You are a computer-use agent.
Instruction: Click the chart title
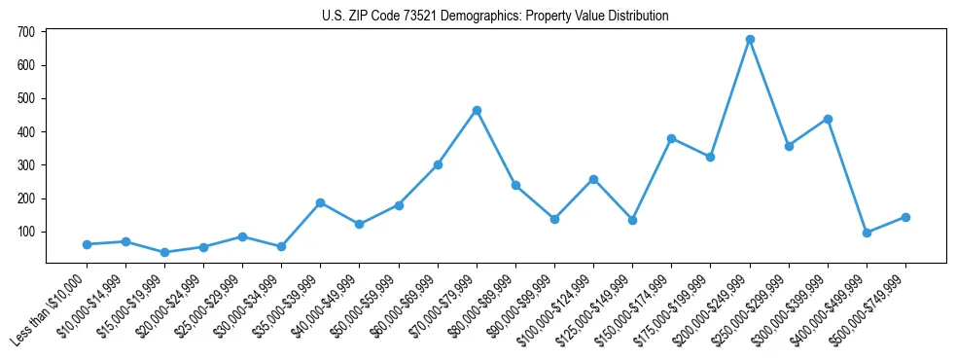pos(495,17)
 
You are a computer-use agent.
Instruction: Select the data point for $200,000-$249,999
pos(750,40)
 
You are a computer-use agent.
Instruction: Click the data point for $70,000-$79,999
pos(477,110)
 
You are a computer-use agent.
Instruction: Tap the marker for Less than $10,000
pos(87,244)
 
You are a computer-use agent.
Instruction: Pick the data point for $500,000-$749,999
pos(905,217)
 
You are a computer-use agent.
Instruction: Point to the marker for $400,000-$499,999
pos(867,233)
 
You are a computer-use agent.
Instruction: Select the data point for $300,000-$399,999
pos(828,119)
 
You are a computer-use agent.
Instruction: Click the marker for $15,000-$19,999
pos(164,252)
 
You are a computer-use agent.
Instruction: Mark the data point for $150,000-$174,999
pos(671,138)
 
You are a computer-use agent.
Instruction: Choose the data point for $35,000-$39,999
pos(320,202)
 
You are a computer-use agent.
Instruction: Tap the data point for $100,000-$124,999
pos(593,179)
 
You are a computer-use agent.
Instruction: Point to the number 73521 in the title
pos(401,17)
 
